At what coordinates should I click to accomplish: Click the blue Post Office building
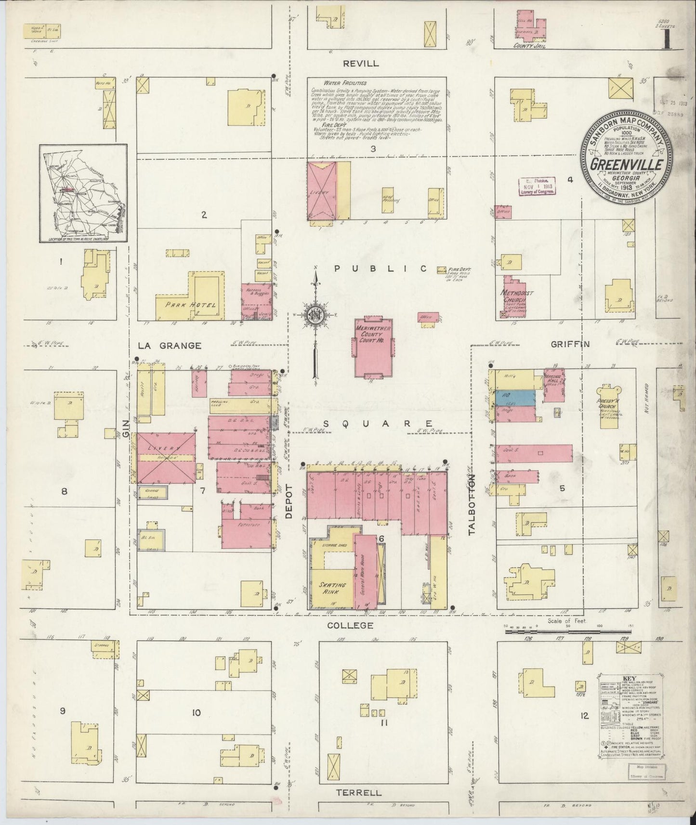(515, 397)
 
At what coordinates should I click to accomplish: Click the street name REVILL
(361, 64)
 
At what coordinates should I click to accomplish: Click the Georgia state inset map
(83, 193)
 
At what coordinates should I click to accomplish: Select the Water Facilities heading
(338, 83)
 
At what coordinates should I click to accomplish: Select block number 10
(196, 713)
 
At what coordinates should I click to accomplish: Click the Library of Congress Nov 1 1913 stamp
(537, 185)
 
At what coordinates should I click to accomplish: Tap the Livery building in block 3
(321, 191)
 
